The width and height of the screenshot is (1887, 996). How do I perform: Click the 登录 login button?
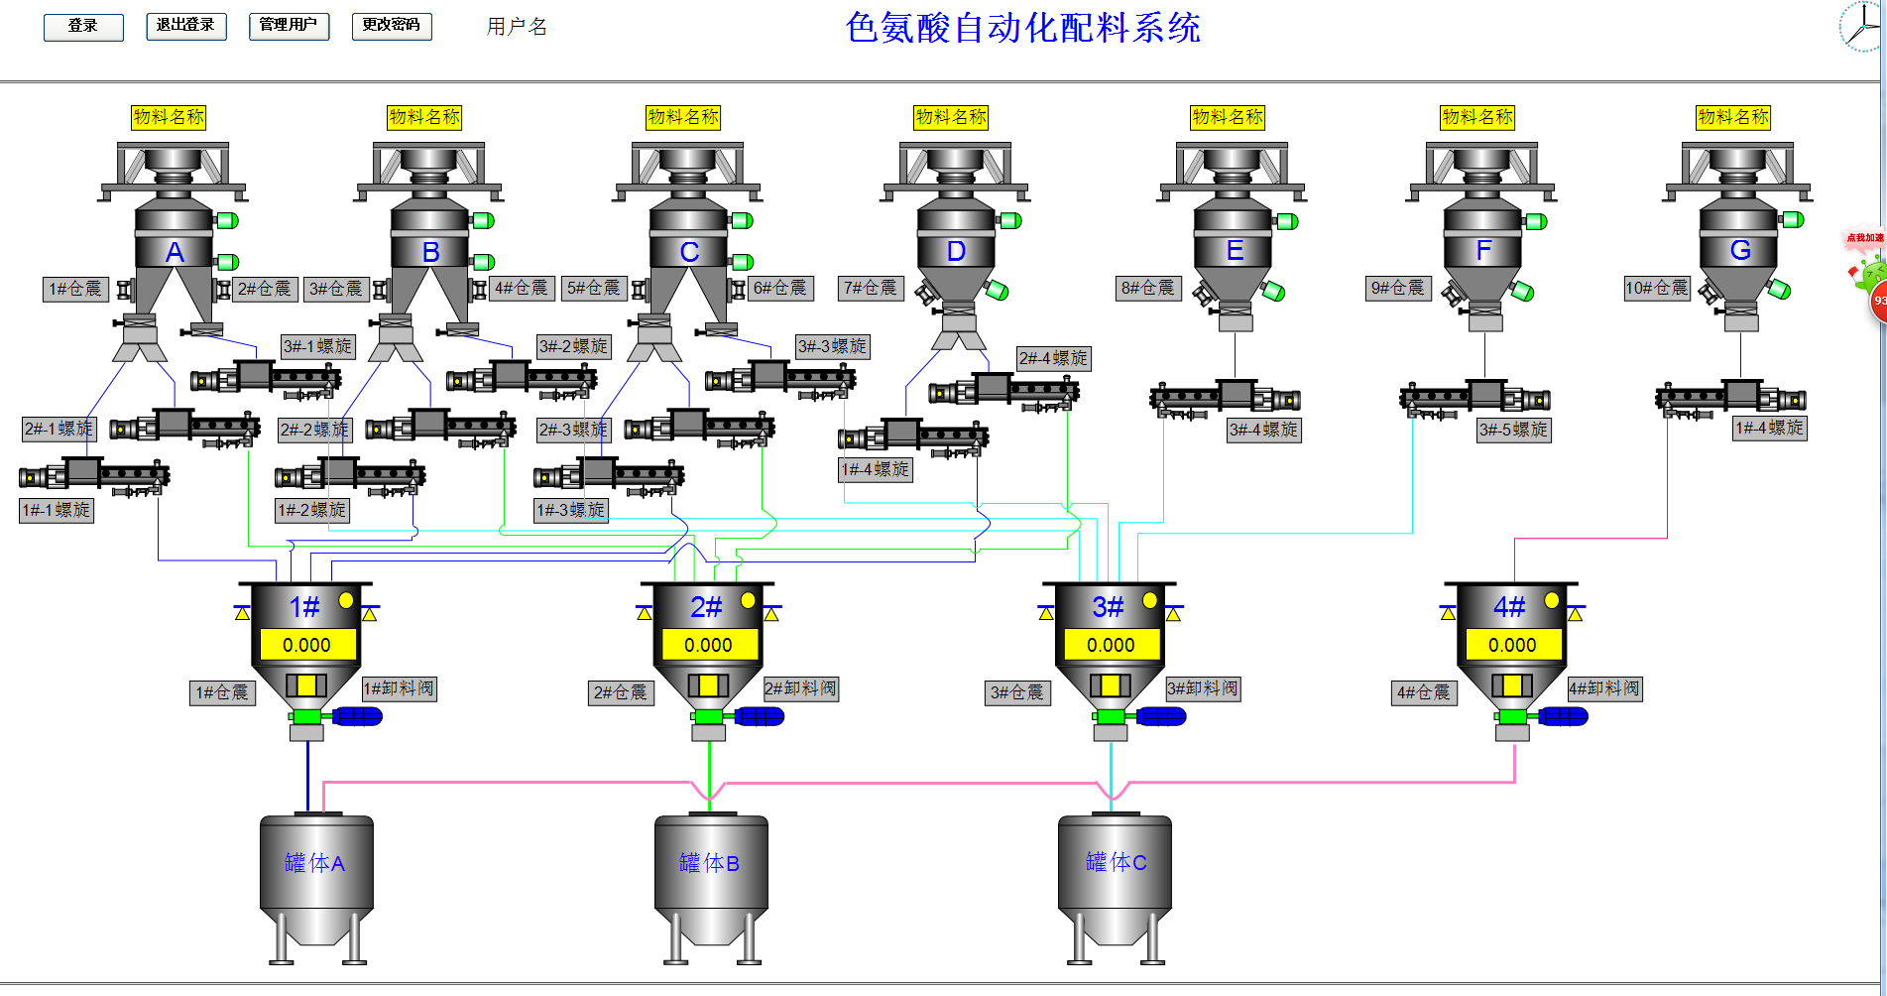tap(83, 27)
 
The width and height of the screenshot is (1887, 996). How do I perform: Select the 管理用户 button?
tap(289, 26)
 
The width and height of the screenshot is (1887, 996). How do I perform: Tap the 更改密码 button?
tap(392, 26)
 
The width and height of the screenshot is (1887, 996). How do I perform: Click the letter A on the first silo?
tap(175, 252)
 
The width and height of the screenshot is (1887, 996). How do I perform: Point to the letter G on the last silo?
tap(1740, 250)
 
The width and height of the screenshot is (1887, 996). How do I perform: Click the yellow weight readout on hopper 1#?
tap(306, 645)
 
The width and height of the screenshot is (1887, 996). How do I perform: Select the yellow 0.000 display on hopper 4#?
tap(1512, 645)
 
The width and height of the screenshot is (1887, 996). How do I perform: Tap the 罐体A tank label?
tap(315, 863)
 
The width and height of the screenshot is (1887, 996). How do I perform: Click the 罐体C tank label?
tap(1117, 862)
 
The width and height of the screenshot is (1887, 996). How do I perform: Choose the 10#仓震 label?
tap(1656, 288)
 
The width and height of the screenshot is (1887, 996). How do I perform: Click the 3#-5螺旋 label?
tap(1513, 430)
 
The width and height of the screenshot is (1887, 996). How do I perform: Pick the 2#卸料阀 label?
tap(801, 688)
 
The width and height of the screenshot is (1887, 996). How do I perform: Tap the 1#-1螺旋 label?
tap(57, 510)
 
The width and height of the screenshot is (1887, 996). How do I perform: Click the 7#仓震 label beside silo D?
tap(870, 288)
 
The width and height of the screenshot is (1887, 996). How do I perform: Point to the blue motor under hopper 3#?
tap(1161, 716)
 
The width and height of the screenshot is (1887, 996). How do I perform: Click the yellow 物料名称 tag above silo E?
tap(1228, 117)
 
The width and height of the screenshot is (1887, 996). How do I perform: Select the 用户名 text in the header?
tap(517, 27)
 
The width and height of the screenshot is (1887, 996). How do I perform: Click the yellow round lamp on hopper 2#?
tap(748, 600)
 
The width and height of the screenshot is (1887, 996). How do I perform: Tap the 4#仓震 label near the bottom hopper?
tap(1423, 692)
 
